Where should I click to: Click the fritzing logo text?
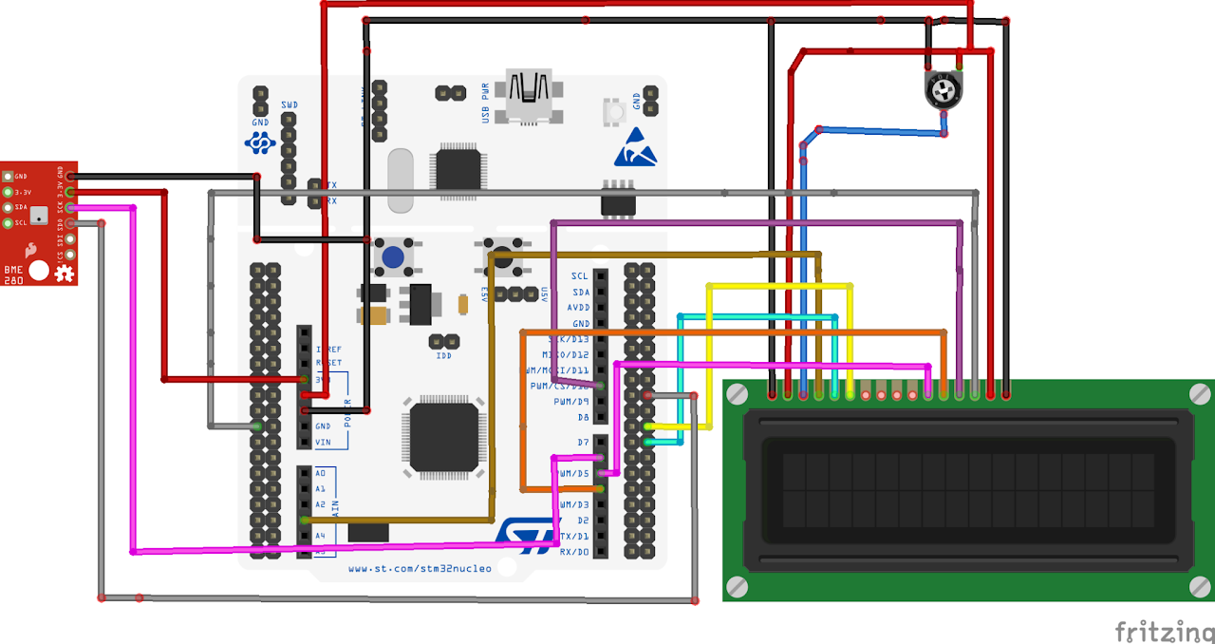click(x=1163, y=631)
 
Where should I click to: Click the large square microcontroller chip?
click(x=443, y=437)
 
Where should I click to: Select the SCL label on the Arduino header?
click(x=579, y=275)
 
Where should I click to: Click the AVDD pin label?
click(x=577, y=307)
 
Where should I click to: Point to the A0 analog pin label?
click(x=321, y=472)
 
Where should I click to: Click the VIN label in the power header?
click(x=323, y=442)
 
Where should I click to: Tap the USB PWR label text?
click(x=486, y=102)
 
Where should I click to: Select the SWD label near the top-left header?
click(x=290, y=104)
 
